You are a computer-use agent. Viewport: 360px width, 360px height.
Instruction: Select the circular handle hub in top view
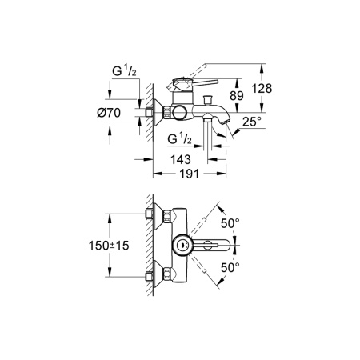pyautogui.click(x=182, y=246)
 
